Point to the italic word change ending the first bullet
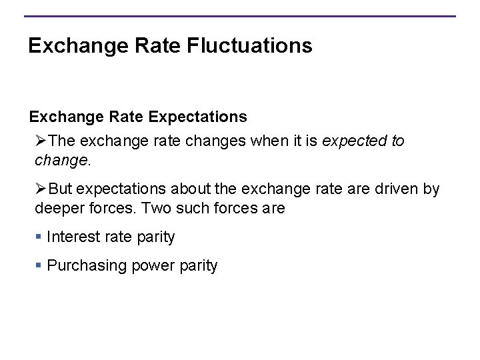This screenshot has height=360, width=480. (61, 161)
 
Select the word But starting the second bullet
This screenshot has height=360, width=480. (62, 189)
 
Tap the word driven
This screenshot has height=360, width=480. (396, 189)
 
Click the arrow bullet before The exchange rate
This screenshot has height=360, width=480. (42, 141)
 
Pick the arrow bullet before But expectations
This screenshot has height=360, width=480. (42, 189)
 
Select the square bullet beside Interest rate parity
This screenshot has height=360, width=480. (40, 237)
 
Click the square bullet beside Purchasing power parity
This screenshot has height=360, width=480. (40, 266)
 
